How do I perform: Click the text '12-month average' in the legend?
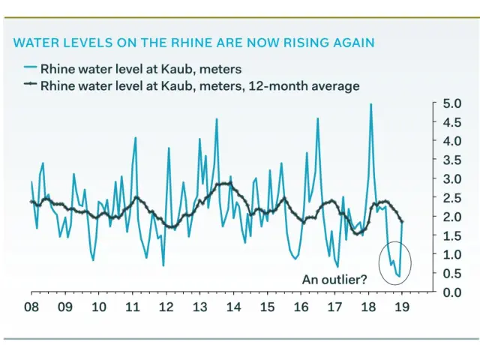pos(310,85)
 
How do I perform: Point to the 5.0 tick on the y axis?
pos(451,103)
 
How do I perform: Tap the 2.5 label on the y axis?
pos(451,197)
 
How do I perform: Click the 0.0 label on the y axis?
pos(451,292)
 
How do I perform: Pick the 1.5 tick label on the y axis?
pos(451,235)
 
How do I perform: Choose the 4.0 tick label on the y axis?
pos(451,140)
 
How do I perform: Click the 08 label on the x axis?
pos(31,307)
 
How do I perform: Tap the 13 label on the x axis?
pos(199,307)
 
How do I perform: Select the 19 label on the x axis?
pos(403,307)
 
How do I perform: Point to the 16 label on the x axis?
pos(301,307)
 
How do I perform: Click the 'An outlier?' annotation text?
pos(334,280)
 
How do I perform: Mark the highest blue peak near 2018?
pos(370,104)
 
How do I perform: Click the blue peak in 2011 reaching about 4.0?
pos(136,138)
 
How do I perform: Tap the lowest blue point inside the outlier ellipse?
pos(399,277)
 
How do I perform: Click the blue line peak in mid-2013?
pos(217,119)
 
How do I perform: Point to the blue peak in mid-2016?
pos(317,118)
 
